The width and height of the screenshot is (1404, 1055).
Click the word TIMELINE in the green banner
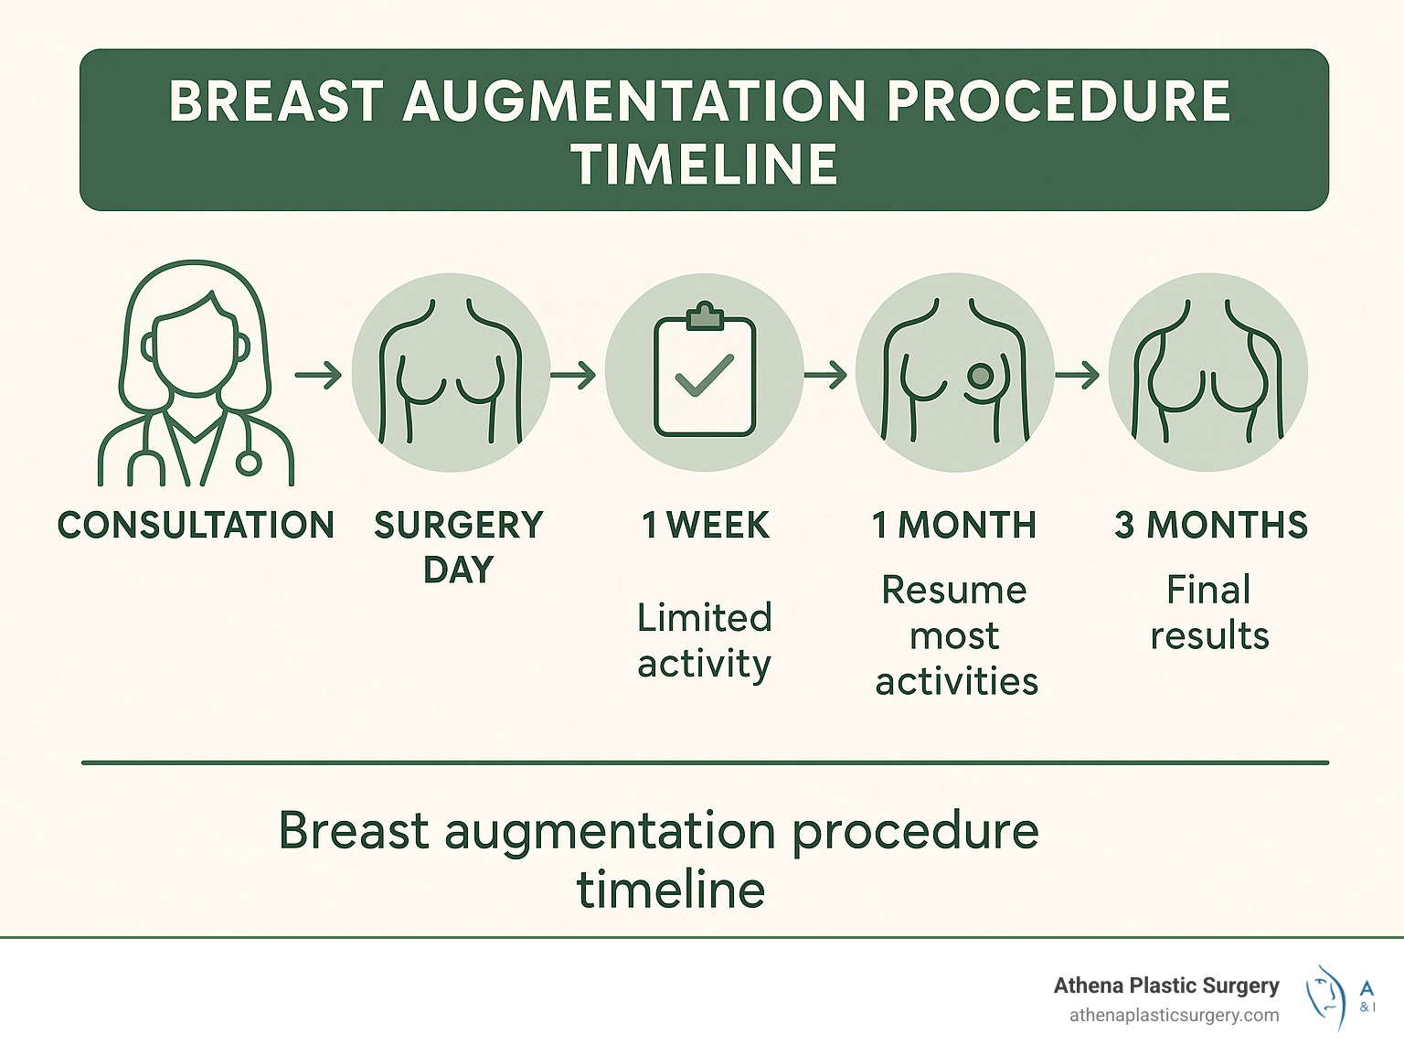pos(704,165)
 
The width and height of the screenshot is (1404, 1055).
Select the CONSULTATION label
pos(196,526)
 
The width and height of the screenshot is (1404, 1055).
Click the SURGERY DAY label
pos(459,547)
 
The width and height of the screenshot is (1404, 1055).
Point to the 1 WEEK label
pos(706,526)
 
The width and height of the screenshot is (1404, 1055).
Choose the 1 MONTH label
pos(954,526)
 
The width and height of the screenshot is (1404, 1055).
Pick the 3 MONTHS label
pos(1211,526)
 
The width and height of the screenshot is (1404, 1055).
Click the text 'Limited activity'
pos(704,641)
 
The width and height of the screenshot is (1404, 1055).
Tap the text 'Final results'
pos(1209,613)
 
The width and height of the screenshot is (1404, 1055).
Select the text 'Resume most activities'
pos(956,635)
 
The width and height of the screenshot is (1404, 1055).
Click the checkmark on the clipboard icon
pos(704,375)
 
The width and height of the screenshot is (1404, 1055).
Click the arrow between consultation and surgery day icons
pos(318,375)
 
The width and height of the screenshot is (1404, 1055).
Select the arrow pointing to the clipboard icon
pos(573,375)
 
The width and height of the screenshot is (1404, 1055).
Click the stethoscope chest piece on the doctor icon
pos(248,463)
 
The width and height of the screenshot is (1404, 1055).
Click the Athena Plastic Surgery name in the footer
pos(1166,986)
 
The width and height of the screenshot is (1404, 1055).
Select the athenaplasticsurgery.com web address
pos(1174,1015)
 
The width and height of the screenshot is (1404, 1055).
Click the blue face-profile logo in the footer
pos(1326,996)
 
